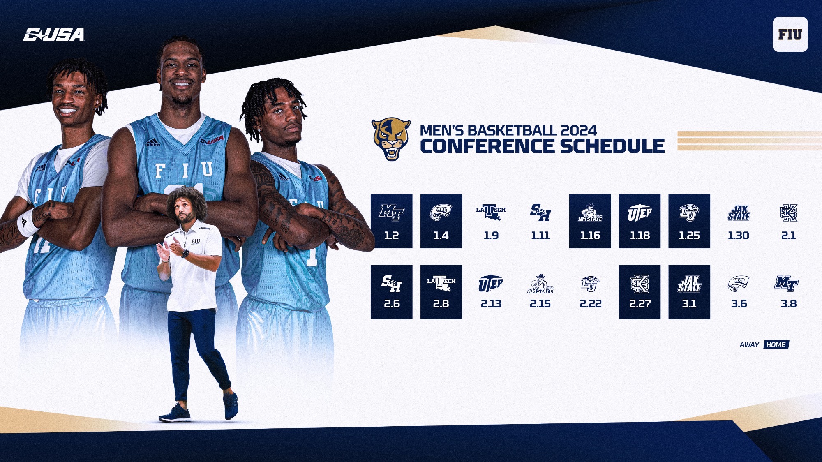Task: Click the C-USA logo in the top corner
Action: tap(54, 35)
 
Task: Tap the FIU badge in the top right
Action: tap(790, 35)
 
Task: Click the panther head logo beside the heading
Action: tap(391, 139)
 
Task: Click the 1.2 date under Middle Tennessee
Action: tap(391, 236)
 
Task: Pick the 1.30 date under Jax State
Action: tap(739, 236)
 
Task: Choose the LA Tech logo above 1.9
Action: tap(491, 212)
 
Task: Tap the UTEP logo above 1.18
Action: tap(640, 213)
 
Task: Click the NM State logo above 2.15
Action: tap(540, 284)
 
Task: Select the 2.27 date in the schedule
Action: tap(640, 304)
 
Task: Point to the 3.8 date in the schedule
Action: tap(788, 304)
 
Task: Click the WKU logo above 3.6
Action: tap(739, 283)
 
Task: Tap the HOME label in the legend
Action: tap(776, 344)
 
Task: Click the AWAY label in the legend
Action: tap(749, 345)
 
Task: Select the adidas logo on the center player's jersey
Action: tap(152, 143)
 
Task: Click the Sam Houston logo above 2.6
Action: tap(391, 284)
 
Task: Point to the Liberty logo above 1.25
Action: tap(689, 213)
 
